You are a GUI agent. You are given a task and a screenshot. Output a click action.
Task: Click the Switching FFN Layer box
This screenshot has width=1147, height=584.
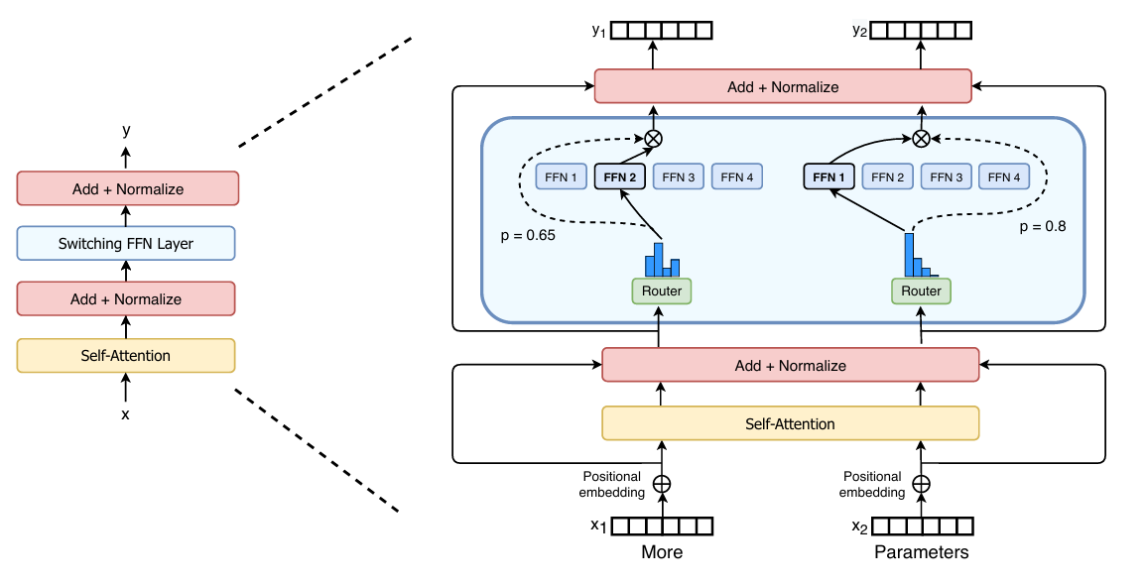(x=126, y=243)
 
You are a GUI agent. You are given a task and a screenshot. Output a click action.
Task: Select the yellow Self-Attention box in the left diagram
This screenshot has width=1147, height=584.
(x=126, y=355)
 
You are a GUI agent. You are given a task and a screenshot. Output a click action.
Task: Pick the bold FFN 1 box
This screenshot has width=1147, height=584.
(x=828, y=177)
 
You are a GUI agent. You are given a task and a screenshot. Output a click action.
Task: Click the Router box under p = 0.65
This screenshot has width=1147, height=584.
(x=662, y=291)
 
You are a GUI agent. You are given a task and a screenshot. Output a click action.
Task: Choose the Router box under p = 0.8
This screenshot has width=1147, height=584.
(x=922, y=291)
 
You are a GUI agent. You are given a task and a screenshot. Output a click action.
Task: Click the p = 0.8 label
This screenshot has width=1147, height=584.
(x=1043, y=226)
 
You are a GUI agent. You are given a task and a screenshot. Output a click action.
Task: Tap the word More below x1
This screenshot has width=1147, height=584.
(x=662, y=552)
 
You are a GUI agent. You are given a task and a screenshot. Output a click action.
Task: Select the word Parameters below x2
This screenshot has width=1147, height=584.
(x=922, y=552)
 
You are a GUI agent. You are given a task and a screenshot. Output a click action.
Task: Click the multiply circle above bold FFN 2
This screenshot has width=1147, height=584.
(x=654, y=139)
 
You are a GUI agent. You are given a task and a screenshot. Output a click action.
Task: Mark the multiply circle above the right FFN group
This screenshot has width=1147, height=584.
(x=922, y=139)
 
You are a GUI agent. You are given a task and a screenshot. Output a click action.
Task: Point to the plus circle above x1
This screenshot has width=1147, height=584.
(x=662, y=484)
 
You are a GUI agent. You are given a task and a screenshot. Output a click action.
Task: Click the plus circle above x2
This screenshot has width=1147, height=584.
(x=922, y=484)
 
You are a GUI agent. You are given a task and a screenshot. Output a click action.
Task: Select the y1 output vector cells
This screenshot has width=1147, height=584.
(x=662, y=31)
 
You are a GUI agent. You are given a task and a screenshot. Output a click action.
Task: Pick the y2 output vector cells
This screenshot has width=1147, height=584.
(x=922, y=31)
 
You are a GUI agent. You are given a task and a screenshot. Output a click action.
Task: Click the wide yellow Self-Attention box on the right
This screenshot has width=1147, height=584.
(x=790, y=423)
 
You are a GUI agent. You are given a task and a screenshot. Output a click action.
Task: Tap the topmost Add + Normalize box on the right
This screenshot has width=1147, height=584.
(x=782, y=86)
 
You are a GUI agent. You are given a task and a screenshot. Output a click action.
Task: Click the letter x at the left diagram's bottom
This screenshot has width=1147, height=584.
(x=125, y=414)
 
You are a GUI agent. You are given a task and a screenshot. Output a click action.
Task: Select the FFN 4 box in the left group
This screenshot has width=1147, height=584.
(x=737, y=177)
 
